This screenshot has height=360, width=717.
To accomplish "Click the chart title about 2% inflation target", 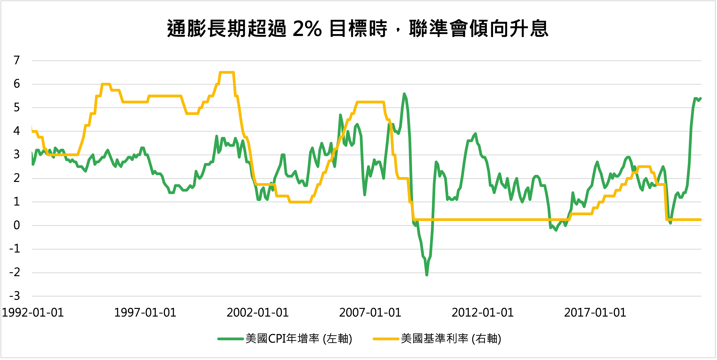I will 358,29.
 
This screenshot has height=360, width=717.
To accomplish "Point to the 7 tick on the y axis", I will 17,60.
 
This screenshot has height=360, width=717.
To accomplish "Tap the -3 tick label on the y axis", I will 15,296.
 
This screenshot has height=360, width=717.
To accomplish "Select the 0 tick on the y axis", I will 17,225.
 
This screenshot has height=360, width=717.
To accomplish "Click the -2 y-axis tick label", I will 15,272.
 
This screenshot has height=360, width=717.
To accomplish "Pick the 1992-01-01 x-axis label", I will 33,313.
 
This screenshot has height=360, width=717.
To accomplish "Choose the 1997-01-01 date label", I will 145,313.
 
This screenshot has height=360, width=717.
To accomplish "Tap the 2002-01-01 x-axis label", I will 257,313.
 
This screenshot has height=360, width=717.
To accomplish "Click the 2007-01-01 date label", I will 370,313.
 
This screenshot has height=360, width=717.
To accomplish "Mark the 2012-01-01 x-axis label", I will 482,313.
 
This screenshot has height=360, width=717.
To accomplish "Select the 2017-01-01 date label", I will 595,313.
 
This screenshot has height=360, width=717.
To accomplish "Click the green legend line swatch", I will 230,339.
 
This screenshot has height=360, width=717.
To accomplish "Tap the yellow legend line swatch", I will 386,339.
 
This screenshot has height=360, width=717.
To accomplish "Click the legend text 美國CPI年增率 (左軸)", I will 299,339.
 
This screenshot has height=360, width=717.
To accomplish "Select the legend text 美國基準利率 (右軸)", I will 451,339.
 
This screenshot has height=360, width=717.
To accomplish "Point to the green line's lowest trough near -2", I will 427,275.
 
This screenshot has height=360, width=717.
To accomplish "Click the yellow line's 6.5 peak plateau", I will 227,73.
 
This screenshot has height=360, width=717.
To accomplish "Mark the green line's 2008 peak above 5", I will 404,94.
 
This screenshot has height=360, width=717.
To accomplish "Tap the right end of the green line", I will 700,98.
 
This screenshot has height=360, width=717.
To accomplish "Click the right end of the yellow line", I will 700,220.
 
